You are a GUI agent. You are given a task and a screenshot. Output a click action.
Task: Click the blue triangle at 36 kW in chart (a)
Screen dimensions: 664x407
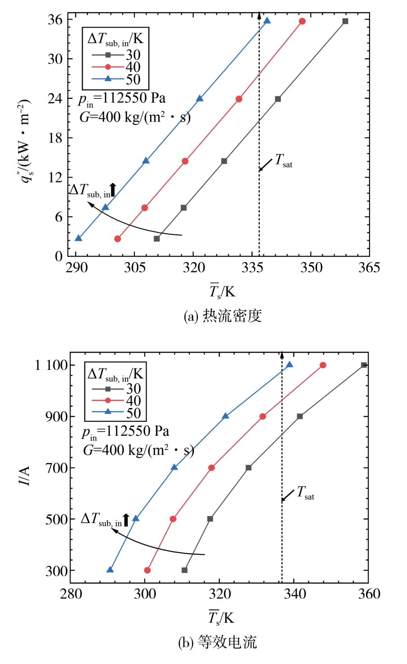coord(267,21)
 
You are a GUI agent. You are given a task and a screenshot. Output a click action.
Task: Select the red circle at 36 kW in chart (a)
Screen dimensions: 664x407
coord(302,21)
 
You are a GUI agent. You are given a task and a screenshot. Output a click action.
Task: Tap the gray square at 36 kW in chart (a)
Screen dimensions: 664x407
coord(345,21)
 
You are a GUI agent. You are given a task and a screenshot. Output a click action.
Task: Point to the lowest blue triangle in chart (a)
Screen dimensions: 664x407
coord(78,238)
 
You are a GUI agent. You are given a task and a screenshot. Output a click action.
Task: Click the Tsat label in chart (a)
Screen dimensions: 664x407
coord(284,161)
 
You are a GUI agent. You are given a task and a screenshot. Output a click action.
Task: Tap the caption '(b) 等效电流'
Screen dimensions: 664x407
coord(218,642)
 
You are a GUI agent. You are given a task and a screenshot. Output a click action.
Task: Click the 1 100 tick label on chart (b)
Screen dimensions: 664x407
coord(51,365)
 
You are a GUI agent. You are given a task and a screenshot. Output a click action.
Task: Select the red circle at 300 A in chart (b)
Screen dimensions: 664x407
coord(147,570)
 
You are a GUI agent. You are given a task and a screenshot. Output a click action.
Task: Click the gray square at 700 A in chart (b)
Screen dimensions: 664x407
coord(248,468)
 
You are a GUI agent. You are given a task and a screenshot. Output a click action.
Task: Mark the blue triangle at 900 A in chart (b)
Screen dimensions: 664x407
coord(226,416)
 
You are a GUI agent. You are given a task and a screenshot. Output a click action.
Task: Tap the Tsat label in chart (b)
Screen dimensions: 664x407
coord(305,493)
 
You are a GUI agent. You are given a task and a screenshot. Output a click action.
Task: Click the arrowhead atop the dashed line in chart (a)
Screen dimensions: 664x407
coord(259,14)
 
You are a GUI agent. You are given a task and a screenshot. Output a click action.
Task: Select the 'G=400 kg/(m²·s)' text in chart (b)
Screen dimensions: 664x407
coord(138,450)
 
